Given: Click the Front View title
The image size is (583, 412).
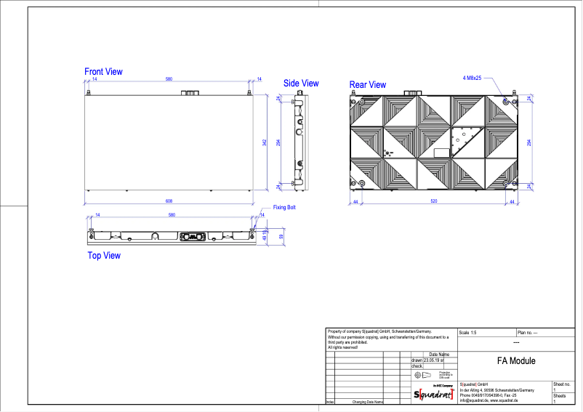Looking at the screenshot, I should (x=103, y=72).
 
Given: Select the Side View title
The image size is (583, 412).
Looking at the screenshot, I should (x=301, y=84).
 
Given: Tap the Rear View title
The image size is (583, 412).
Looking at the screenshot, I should (x=368, y=85).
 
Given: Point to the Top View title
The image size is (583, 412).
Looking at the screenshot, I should (x=104, y=256).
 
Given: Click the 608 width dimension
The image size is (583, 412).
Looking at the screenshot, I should (x=168, y=201).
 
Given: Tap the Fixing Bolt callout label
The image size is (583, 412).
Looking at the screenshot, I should (x=284, y=208).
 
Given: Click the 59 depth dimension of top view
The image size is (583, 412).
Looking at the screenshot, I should (x=281, y=236).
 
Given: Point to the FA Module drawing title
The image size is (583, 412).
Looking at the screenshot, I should (x=516, y=361).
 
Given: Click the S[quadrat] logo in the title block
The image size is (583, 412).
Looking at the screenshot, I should (x=433, y=394).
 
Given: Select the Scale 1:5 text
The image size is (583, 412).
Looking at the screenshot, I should (x=470, y=332).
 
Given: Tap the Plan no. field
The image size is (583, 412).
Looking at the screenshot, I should (x=527, y=332).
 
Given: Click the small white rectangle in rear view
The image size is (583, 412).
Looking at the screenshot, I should (x=441, y=153).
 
